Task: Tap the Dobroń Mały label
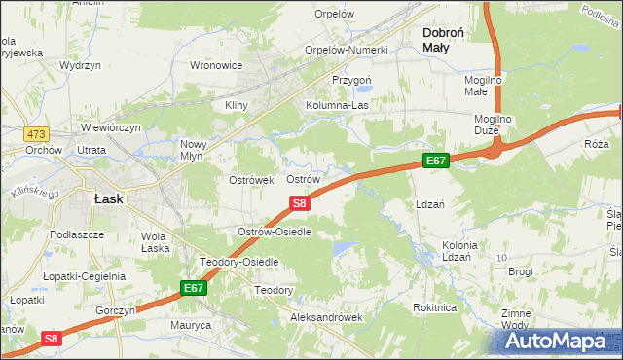449,39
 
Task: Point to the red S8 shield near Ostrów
301,203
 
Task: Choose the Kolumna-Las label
341,104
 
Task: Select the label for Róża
597,143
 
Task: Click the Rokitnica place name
434,307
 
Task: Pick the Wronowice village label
216,66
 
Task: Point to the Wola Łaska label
155,242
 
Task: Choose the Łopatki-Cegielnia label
85,276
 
